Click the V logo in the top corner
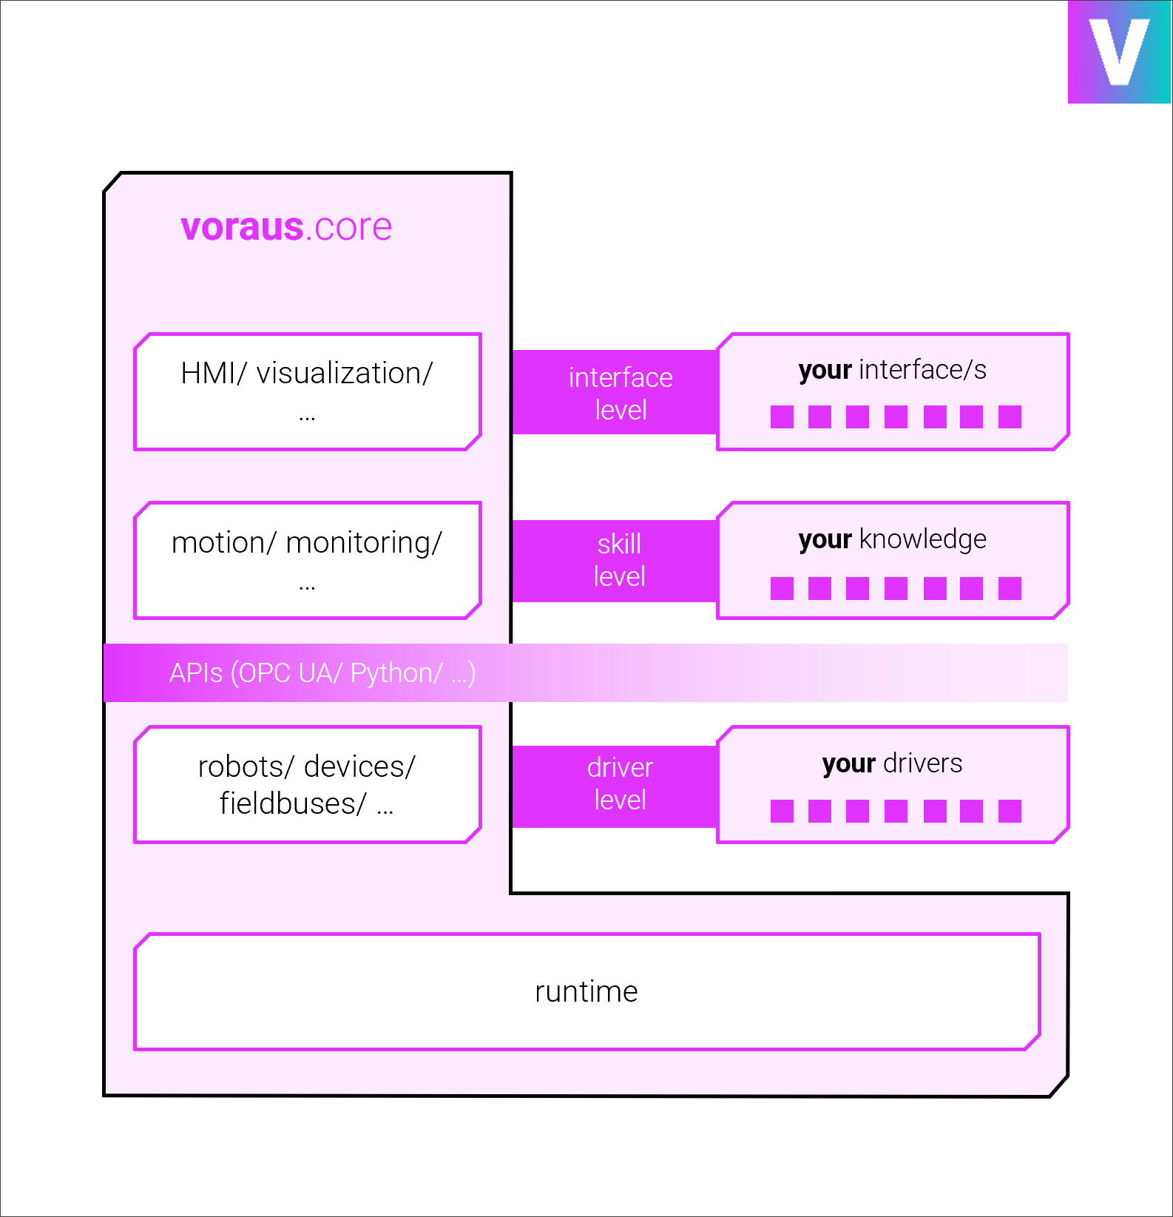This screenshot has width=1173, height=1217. [x=1119, y=52]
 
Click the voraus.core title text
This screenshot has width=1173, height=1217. [x=286, y=227]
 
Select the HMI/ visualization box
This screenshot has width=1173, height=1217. [x=308, y=391]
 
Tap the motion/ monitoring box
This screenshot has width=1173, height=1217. [x=308, y=560]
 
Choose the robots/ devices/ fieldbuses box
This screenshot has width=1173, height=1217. [x=308, y=784]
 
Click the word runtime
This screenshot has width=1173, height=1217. [x=586, y=991]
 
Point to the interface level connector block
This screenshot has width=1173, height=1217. [x=620, y=393]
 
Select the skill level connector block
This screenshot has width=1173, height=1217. [x=619, y=561]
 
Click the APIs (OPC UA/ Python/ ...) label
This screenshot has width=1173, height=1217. [x=322, y=673]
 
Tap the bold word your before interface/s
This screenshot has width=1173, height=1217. [x=825, y=370]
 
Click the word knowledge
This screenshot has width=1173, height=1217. [x=922, y=539]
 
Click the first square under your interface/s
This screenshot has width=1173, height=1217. [x=782, y=417]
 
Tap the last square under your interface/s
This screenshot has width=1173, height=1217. [x=1010, y=417]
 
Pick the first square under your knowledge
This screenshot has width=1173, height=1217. [x=782, y=588]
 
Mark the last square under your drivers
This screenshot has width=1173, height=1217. [x=1010, y=811]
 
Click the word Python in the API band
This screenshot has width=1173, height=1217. [x=396, y=673]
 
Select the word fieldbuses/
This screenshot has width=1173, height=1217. [x=293, y=803]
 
